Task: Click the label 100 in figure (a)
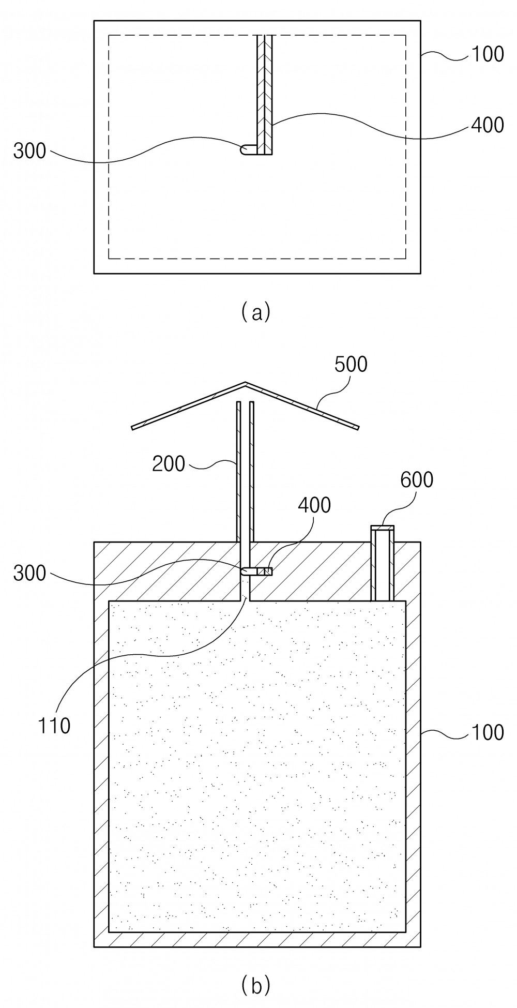coord(487,54)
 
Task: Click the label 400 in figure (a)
coord(487,125)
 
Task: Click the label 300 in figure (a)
coord(29,152)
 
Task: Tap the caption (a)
coord(255,312)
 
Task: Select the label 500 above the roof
coord(351,364)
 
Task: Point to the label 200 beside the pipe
coord(169,463)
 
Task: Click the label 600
coord(417,480)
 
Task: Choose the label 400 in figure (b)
coord(314,505)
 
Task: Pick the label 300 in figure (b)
coord(29,574)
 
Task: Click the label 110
coord(54,726)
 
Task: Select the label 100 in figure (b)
coord(487,732)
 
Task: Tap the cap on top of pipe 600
coord(383,528)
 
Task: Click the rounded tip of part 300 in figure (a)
coord(242,149)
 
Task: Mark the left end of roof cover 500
coord(133,428)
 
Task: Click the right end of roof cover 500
coord(358,427)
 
